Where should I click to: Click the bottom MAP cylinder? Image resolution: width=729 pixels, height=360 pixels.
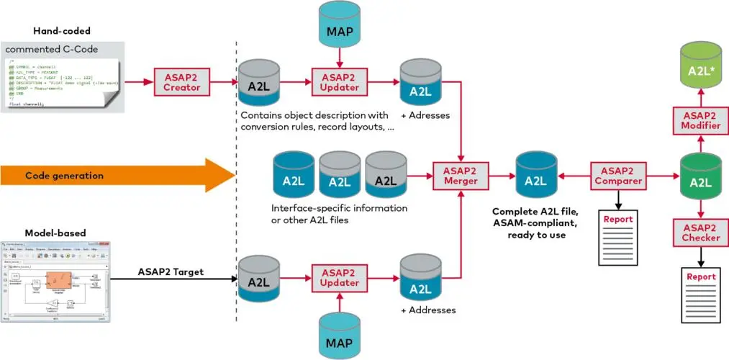click(338, 333)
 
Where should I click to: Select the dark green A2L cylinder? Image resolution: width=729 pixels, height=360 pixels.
click(696, 177)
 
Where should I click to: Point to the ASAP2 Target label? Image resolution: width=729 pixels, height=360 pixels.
click(173, 271)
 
